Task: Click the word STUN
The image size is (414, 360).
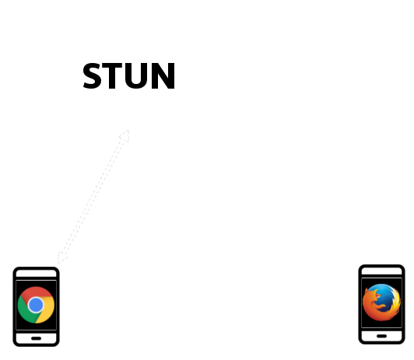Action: point(129,75)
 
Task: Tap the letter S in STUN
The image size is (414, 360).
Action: point(93,75)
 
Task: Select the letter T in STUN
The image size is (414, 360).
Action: point(112,75)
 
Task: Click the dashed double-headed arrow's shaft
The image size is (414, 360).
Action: point(93,196)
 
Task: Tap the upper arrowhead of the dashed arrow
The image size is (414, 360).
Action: point(125,135)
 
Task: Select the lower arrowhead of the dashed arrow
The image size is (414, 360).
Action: point(62,257)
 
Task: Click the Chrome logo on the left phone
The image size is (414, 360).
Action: point(36,305)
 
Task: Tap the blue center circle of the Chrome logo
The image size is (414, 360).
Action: point(36,305)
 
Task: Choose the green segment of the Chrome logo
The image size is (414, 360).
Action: point(26,311)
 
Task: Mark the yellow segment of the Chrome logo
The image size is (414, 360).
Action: point(47,311)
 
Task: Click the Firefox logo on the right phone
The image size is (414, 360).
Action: point(381,302)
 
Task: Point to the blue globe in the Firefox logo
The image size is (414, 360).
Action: point(384,296)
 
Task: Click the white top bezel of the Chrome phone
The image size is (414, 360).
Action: point(36,274)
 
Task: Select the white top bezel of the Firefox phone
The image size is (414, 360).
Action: point(382,271)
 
